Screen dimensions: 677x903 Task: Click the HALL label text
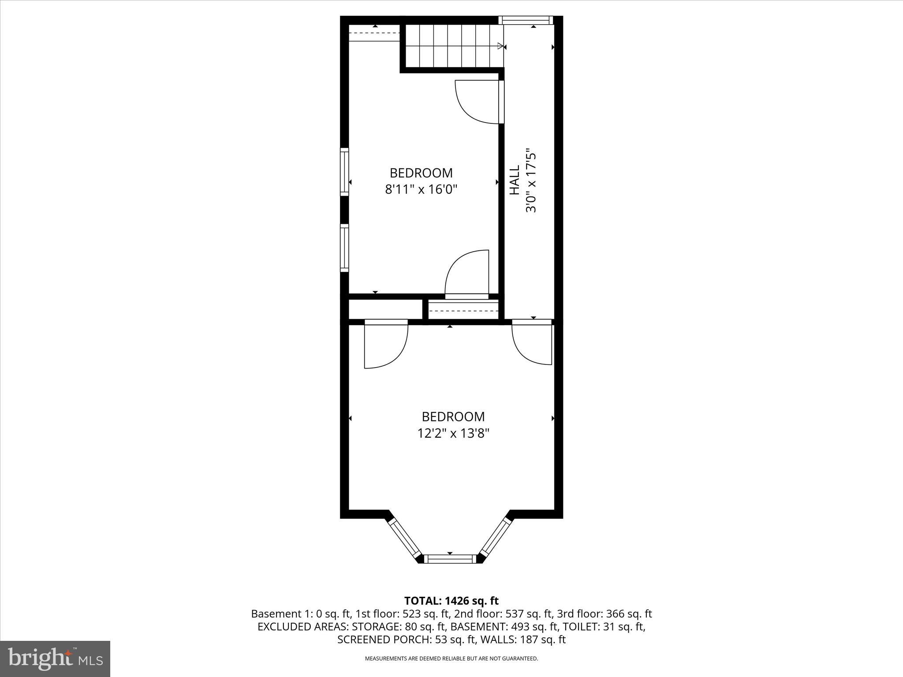click(515, 180)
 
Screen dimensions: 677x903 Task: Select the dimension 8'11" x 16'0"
click(421, 190)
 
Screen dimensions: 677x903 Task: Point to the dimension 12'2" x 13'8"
click(453, 434)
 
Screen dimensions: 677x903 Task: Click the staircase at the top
click(452, 46)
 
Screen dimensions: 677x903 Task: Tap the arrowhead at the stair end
click(500, 46)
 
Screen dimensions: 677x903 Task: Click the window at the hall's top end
click(525, 20)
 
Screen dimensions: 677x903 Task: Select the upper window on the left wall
click(344, 172)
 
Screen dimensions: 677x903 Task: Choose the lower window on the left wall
click(344, 248)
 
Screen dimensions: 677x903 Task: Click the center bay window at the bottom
click(450, 559)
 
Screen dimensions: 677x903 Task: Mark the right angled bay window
click(496, 538)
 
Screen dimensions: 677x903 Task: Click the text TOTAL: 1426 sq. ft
click(451, 601)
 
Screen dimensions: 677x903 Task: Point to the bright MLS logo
click(55, 659)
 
